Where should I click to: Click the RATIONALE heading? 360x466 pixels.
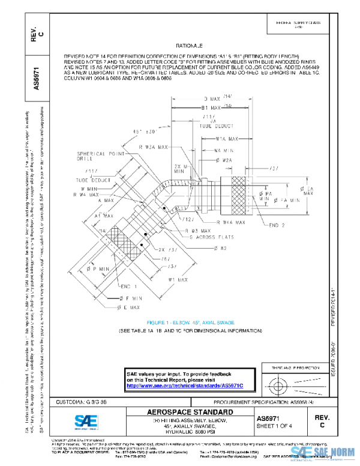click(x=190, y=46)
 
